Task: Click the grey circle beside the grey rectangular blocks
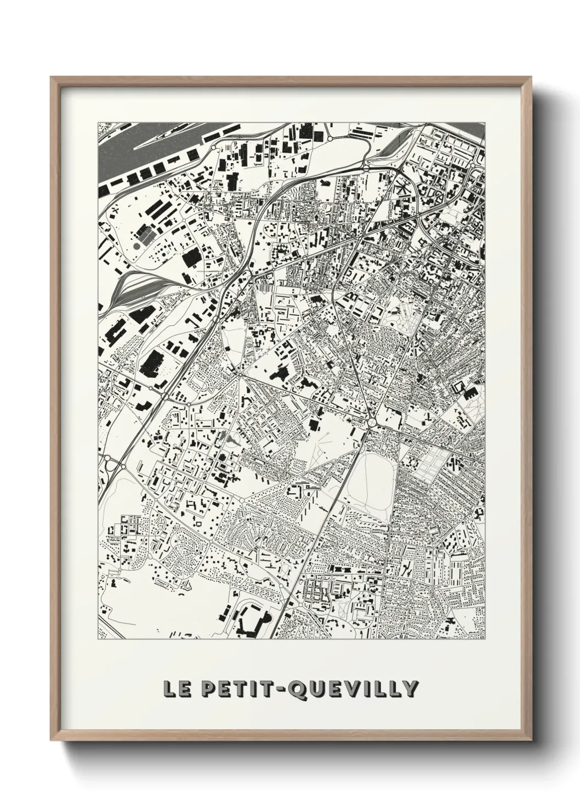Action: coord(135,247)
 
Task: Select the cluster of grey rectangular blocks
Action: coord(145,236)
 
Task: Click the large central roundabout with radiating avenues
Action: coord(372,423)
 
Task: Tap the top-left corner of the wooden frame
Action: coord(52,78)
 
